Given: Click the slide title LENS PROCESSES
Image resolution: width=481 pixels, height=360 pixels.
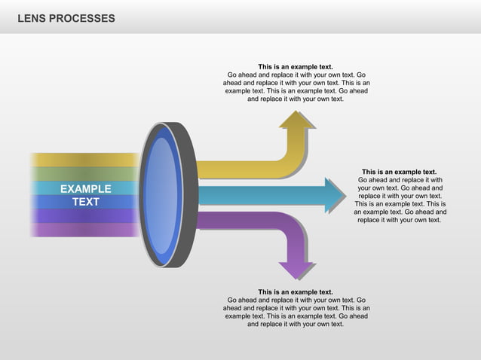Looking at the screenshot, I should point(66,17).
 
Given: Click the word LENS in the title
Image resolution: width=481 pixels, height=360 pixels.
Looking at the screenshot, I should point(32,17).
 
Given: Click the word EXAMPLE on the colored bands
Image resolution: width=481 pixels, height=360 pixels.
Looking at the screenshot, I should point(85,189).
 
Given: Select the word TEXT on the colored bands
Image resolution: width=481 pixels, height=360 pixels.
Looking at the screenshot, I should point(85,202).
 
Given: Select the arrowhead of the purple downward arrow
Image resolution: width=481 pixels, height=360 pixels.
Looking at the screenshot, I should point(297,269).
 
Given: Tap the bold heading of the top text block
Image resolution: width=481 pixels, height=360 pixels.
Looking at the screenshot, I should point(296,67).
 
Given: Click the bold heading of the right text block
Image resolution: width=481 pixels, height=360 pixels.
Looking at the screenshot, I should point(399,172).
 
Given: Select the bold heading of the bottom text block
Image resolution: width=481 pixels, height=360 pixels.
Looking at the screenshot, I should point(296,292).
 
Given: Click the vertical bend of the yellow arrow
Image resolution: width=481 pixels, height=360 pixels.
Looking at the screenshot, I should point(297,147).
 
